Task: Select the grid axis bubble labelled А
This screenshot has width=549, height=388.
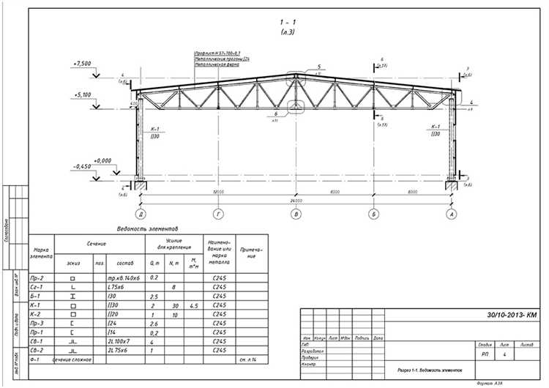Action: [x=452, y=214]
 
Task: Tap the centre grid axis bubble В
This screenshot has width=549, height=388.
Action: [x=296, y=214]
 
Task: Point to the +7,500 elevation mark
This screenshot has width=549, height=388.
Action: [x=82, y=64]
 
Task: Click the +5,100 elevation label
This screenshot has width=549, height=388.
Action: [x=82, y=94]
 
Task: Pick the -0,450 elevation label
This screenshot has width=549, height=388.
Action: [x=82, y=167]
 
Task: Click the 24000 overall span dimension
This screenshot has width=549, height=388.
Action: [x=296, y=199]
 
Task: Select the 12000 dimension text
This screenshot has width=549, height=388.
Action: [x=218, y=192]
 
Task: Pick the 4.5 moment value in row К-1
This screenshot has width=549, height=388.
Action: [x=193, y=305]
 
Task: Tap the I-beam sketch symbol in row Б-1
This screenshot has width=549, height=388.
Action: [x=73, y=296]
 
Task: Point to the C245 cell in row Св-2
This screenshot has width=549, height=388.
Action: [x=218, y=350]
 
